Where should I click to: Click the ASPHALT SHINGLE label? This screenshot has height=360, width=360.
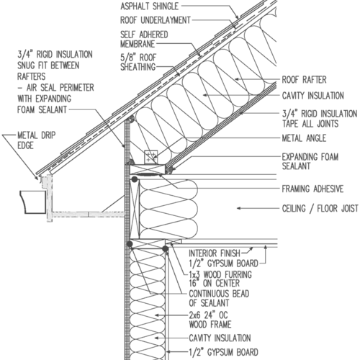point(149,6)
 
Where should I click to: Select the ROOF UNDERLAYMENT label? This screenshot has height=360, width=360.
point(156,20)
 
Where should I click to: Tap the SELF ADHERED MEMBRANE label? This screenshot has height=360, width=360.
point(144,40)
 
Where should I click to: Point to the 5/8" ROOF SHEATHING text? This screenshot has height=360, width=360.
point(138,62)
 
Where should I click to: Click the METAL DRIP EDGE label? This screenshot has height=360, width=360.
point(36,140)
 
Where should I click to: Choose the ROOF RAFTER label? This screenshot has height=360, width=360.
point(304,80)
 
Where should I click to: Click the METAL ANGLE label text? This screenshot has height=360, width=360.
point(304,138)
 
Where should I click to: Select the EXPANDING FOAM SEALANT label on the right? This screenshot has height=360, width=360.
point(310,161)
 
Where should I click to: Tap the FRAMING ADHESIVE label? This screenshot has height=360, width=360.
point(312,189)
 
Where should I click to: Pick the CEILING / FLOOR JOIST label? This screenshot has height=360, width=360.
point(320,208)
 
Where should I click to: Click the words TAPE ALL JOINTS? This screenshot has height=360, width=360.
point(310,124)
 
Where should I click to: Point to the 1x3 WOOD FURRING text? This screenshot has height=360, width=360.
point(220,274)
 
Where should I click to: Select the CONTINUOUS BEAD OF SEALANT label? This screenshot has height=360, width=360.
point(219,298)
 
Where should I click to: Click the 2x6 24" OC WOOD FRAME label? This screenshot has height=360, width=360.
point(210,320)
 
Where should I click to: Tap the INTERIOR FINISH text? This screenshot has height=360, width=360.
point(215,253)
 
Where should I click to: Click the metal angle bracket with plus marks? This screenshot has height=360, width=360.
point(151,157)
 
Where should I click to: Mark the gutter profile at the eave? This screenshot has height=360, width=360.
point(33,202)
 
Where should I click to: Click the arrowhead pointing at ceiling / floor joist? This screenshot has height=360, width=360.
point(238,208)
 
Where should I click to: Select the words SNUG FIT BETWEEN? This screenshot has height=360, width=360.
point(48,66)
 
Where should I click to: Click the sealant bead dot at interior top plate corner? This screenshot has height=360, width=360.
point(166,248)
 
